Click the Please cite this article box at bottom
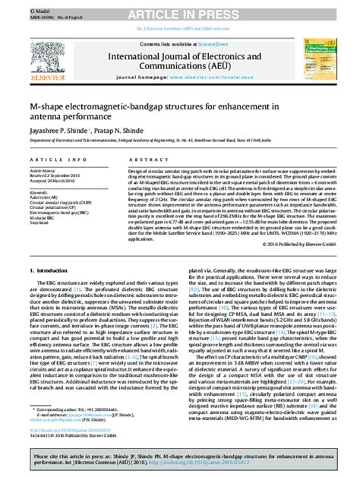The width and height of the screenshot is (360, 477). coord(179,455)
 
